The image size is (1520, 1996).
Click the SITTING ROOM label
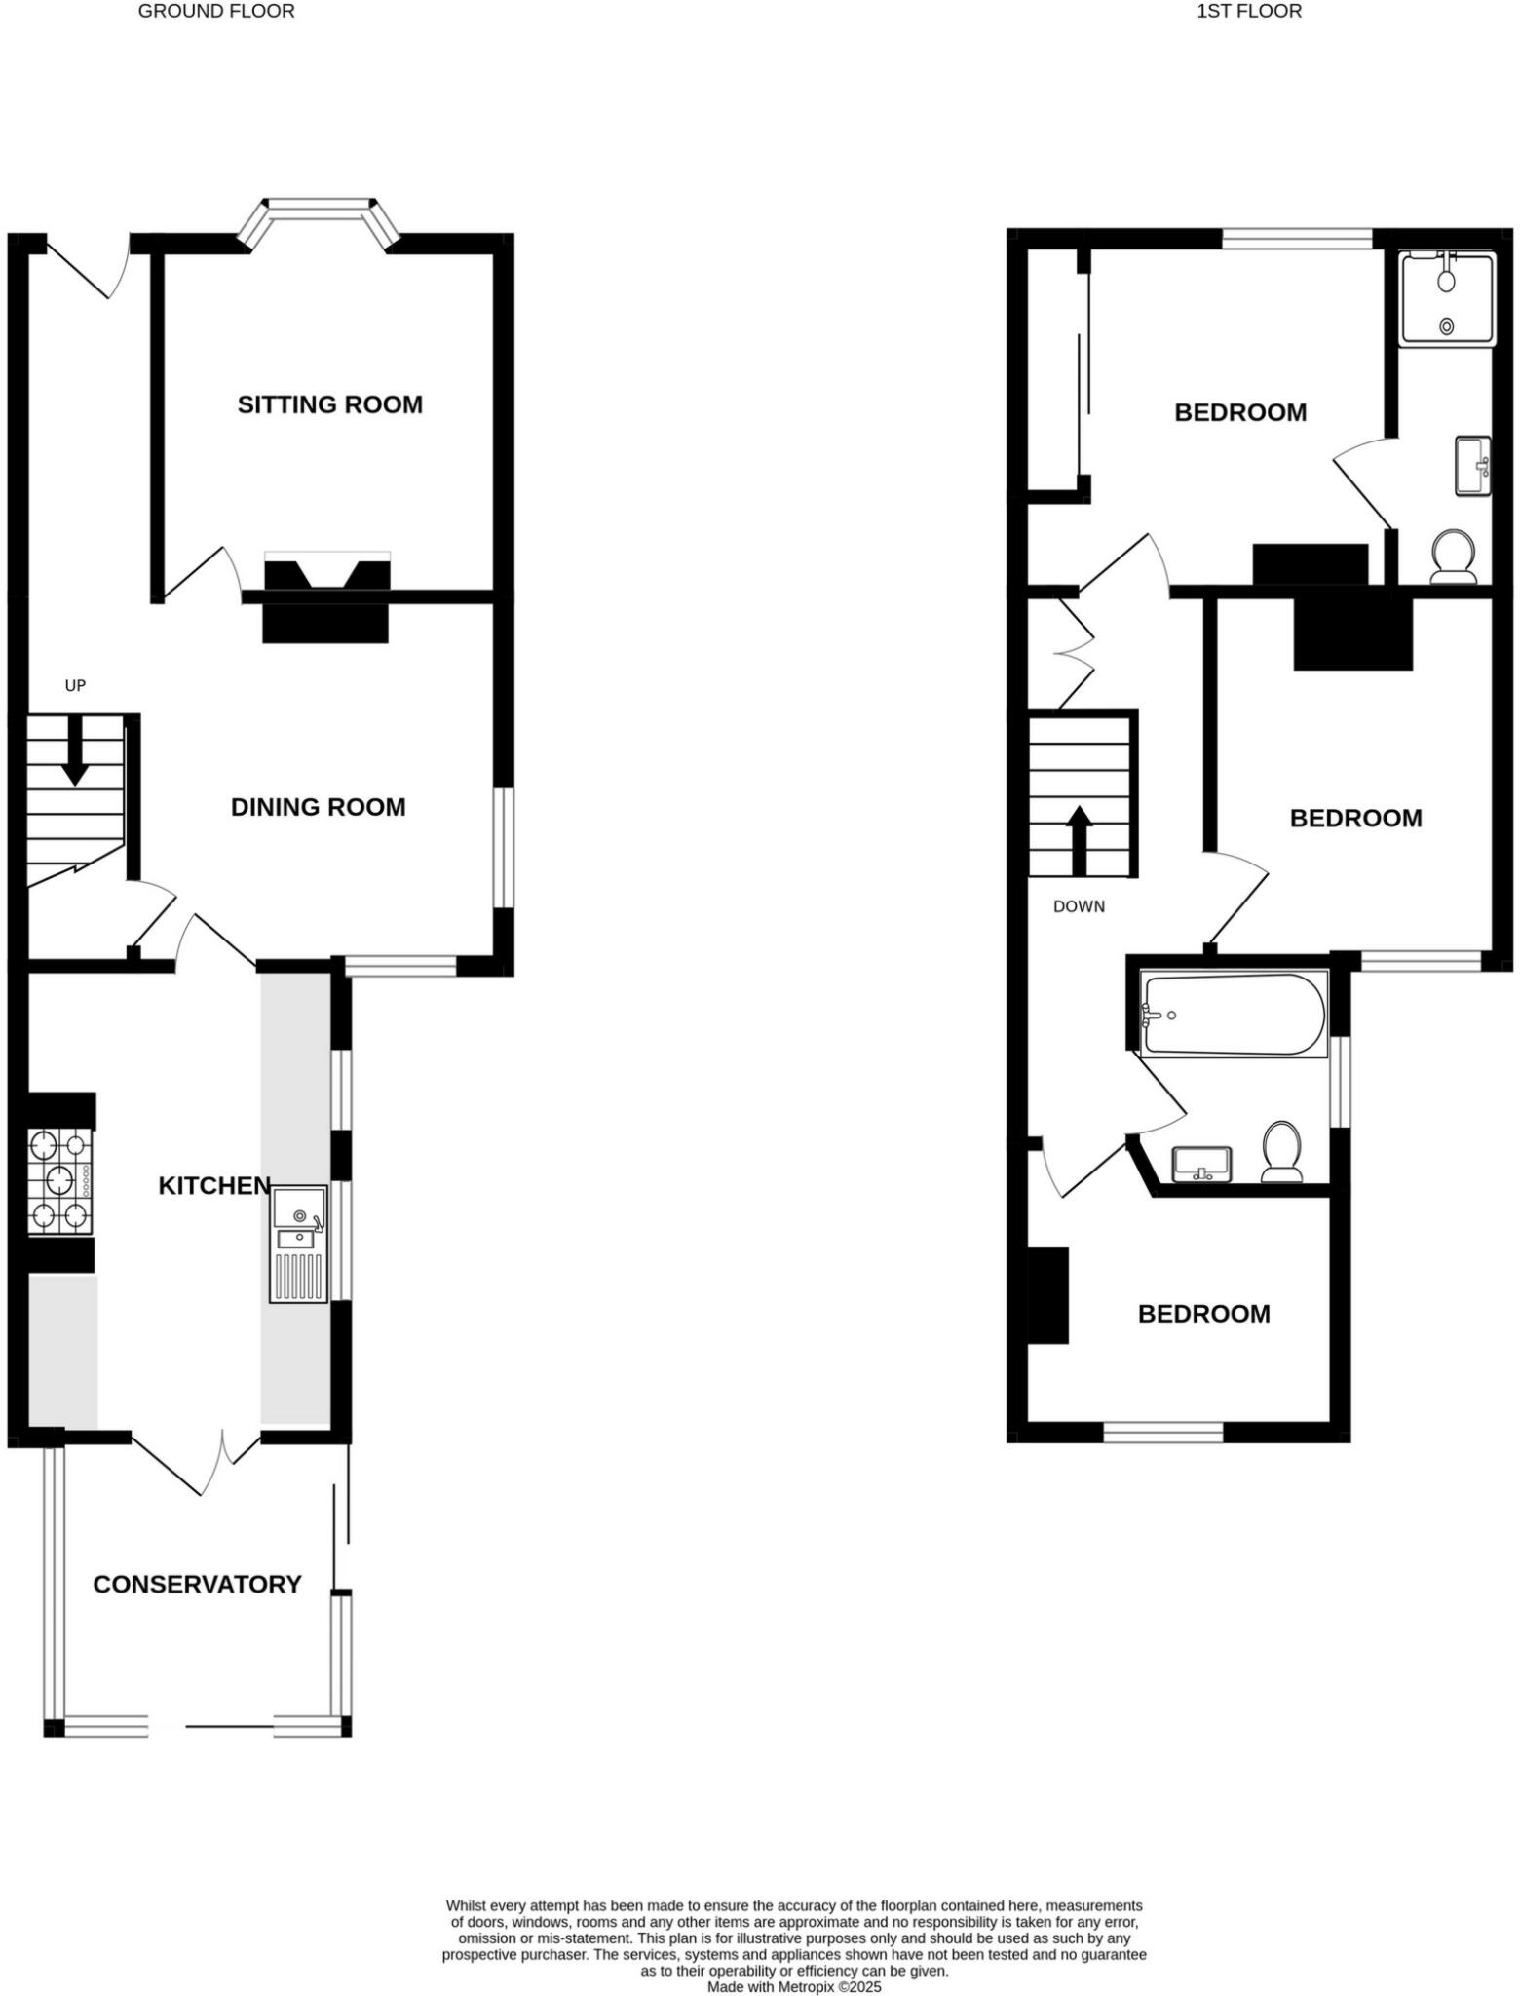tap(329, 404)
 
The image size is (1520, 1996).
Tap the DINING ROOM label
tap(318, 807)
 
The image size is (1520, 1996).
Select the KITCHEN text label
tap(214, 1185)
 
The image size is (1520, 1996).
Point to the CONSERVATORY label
tap(197, 1584)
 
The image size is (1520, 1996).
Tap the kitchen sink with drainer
tap(299, 1244)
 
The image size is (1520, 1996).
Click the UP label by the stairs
tap(75, 685)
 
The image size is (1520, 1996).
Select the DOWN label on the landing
tap(1079, 906)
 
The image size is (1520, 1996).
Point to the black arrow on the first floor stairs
tap(1080, 839)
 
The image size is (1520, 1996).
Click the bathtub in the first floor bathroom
tap(1235, 1015)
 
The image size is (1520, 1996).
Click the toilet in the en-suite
tap(1453, 557)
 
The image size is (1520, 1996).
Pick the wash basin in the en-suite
tap(1472, 466)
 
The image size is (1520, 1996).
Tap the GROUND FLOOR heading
tap(216, 12)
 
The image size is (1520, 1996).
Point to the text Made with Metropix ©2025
tap(794, 1986)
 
